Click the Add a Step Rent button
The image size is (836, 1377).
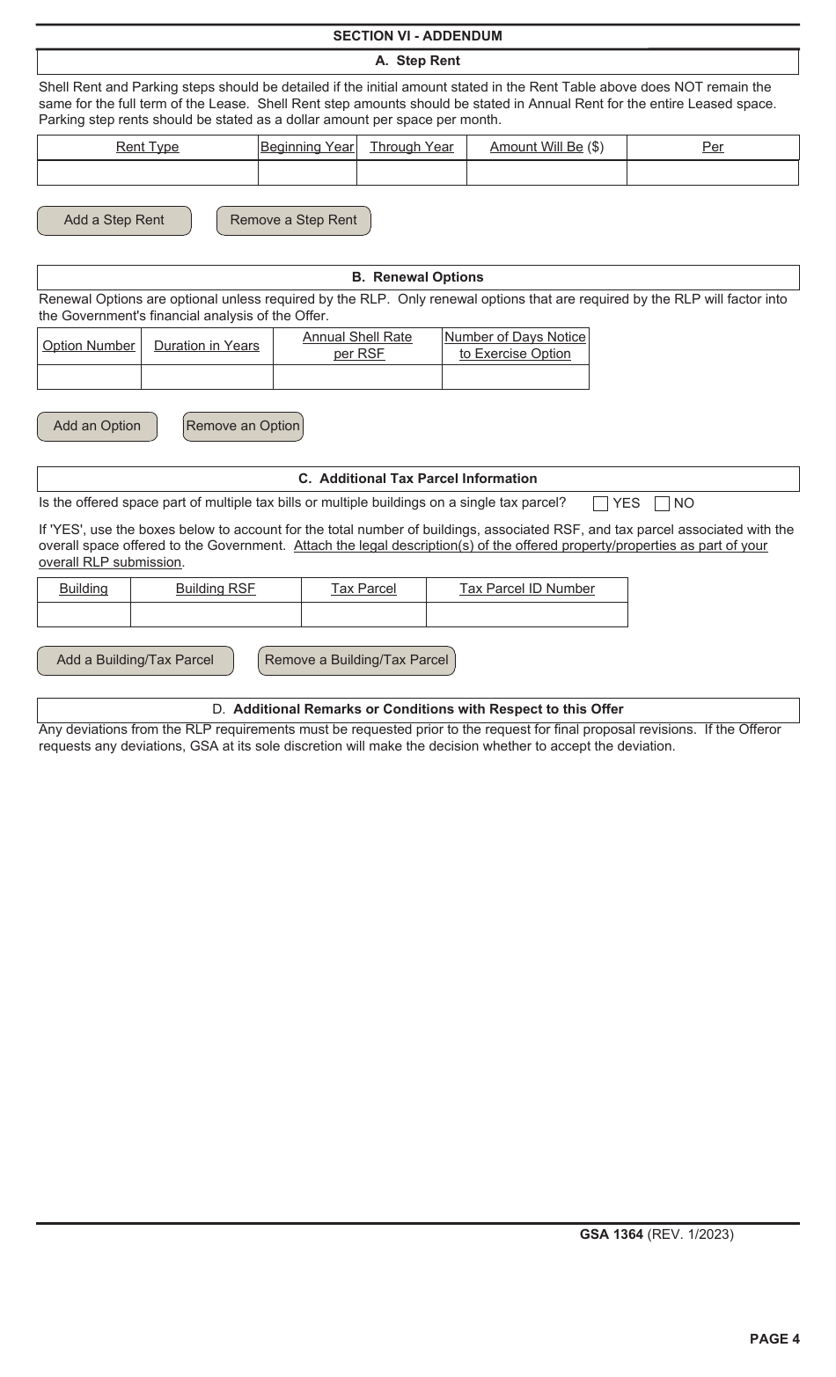(114, 221)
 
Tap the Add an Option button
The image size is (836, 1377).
(97, 427)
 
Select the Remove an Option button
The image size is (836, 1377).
(243, 427)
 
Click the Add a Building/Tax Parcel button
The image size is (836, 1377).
(136, 661)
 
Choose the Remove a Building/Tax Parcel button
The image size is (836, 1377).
(356, 661)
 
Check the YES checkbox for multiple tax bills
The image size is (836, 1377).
(601, 504)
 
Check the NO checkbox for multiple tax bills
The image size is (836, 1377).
(663, 504)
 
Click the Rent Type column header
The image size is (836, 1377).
(147, 147)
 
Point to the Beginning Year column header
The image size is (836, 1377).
(307, 147)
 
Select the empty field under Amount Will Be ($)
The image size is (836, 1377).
(546, 173)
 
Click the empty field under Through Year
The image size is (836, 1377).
(411, 173)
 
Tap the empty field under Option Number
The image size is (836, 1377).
(89, 377)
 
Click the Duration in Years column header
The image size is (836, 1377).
(207, 346)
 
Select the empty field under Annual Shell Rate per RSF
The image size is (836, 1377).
(357, 377)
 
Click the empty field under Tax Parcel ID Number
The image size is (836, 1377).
(526, 615)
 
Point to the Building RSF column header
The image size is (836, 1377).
(216, 590)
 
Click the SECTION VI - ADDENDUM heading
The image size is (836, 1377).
(417, 36)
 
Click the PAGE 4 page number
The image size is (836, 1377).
(774, 1339)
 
